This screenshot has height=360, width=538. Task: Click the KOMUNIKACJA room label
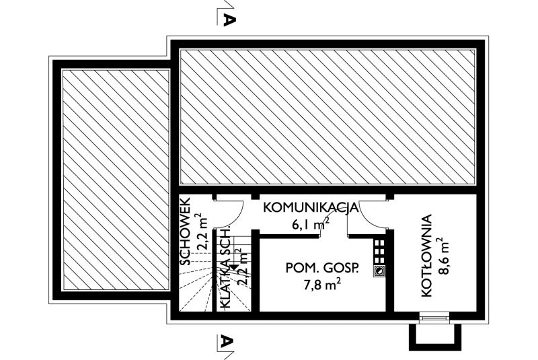pyautogui.click(x=311, y=208)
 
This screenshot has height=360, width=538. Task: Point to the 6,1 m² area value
pyautogui.click(x=311, y=223)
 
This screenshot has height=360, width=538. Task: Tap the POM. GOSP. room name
pyautogui.click(x=322, y=268)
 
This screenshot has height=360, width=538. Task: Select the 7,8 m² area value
pyautogui.click(x=323, y=284)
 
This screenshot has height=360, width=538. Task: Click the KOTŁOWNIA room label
pyautogui.click(x=426, y=256)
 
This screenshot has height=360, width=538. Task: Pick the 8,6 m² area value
pyautogui.click(x=443, y=256)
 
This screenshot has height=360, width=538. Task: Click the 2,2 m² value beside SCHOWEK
pyautogui.click(x=200, y=231)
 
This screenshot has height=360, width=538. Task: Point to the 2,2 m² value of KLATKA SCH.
pyautogui.click(x=242, y=267)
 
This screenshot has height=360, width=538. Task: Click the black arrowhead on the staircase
pyautogui.click(x=233, y=268)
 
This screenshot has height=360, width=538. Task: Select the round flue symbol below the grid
pyautogui.click(x=379, y=271)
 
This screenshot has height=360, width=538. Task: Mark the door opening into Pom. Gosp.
pyautogui.click(x=334, y=236)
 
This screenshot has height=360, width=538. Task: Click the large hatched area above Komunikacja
pyautogui.click(x=328, y=117)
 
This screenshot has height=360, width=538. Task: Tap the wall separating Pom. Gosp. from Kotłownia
pyautogui.click(x=390, y=271)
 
